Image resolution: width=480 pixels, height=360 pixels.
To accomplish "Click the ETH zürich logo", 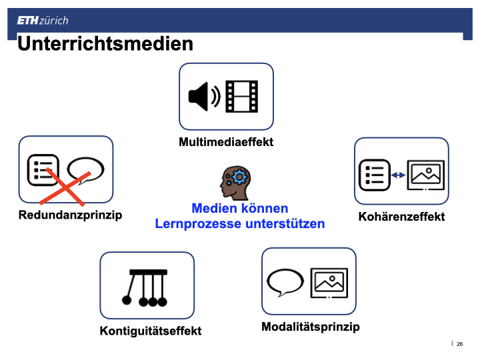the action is pos(43,21).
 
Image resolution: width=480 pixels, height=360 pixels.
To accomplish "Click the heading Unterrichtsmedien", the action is pos(105,44).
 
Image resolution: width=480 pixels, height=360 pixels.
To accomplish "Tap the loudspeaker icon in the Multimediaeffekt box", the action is pos(204,97).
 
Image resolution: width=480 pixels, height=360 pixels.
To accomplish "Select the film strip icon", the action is pos(242,97).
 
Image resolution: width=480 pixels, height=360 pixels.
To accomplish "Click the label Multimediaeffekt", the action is pos(226,142).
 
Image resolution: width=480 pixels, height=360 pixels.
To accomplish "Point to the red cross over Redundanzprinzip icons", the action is pos(65,187).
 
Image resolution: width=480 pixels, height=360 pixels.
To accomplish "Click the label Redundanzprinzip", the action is pos(70,215).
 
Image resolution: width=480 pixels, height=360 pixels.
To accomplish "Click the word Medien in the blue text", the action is pos(214,208).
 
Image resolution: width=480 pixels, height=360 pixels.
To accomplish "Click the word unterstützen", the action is pos(285,223).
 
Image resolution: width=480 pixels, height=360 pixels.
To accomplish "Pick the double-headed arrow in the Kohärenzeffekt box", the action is pos(398,175).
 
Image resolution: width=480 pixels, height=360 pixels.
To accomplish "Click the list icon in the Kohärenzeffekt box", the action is pos(375,175).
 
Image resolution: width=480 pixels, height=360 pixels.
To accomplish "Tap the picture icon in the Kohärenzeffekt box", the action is pos(426,175).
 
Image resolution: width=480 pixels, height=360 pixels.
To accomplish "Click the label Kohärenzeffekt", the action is pos(401,217).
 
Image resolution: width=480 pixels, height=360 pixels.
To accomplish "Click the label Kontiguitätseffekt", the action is pos(150,331).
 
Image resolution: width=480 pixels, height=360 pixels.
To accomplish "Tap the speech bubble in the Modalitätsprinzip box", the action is pos(285,282).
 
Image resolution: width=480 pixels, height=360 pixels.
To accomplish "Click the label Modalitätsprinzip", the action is pos(311,327).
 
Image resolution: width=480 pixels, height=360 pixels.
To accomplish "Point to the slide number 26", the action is pos(459,344).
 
